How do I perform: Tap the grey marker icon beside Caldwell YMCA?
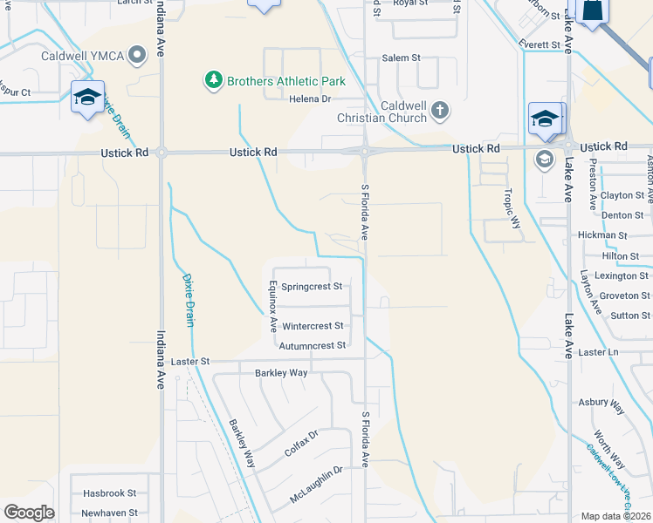(x=136, y=57)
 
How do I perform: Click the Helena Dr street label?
(x=311, y=98)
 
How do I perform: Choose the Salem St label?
(x=402, y=58)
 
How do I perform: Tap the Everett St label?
(x=538, y=44)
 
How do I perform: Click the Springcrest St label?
(x=311, y=286)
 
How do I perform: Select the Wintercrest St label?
(x=313, y=326)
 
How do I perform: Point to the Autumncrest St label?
(x=313, y=345)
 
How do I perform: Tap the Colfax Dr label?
(x=301, y=444)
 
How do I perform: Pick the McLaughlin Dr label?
(x=317, y=486)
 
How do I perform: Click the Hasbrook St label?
(x=109, y=492)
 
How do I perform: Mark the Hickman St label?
(x=602, y=235)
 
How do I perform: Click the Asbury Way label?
(x=601, y=405)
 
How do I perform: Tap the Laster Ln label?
(x=598, y=352)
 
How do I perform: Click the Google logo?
(x=29, y=513)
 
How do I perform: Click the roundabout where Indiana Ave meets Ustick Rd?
(x=162, y=153)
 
